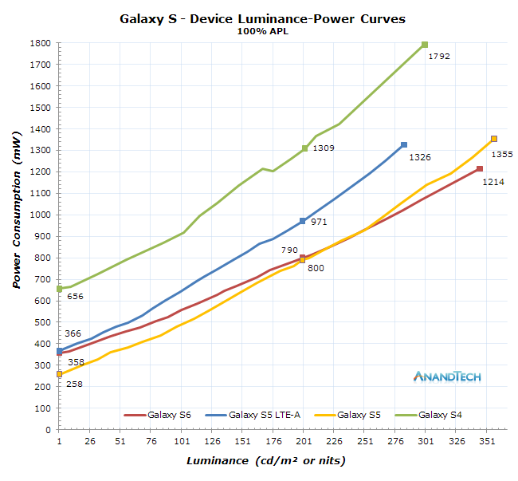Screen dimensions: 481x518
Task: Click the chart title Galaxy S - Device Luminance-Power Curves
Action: pyautogui.click(x=261, y=18)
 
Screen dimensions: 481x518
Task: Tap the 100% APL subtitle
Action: pyautogui.click(x=261, y=32)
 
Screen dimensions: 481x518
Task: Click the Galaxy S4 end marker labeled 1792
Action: pyautogui.click(x=425, y=45)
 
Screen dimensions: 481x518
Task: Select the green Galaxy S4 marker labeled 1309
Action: pyautogui.click(x=304, y=148)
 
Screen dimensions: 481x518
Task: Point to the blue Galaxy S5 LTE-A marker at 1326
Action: pyautogui.click(x=404, y=144)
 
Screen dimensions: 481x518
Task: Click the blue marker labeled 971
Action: pyautogui.click(x=303, y=221)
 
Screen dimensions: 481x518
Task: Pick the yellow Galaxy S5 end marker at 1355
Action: pyautogui.click(x=494, y=139)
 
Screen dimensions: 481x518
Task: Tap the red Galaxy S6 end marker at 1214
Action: pyautogui.click(x=480, y=169)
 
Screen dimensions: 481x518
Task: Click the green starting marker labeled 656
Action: pyautogui.click(x=59, y=289)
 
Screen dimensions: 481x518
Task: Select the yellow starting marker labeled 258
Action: pyautogui.click(x=59, y=374)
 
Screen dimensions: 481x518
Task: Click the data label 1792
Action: pyautogui.click(x=440, y=57)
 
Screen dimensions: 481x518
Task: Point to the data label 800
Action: pyautogui.click(x=316, y=269)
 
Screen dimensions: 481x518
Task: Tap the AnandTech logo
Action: pyautogui.click(x=447, y=377)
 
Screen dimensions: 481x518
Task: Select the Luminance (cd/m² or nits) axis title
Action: pyautogui.click(x=266, y=461)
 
